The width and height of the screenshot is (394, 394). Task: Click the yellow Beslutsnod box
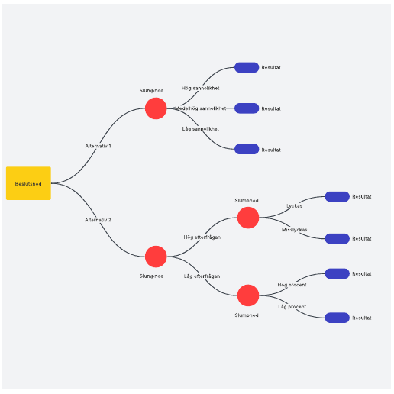pyautogui.click(x=28, y=183)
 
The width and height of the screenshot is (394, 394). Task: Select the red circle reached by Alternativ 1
pyautogui.click(x=156, y=108)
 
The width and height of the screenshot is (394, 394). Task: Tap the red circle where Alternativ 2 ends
pyautogui.click(x=156, y=257)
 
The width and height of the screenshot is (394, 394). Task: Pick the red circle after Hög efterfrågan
pyautogui.click(x=248, y=218)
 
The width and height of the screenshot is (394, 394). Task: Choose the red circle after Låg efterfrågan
pyautogui.click(x=248, y=295)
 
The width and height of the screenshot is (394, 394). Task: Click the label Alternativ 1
pyautogui.click(x=98, y=146)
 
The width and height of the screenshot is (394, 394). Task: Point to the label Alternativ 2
pyautogui.click(x=98, y=220)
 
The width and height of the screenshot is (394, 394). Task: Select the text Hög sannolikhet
pyautogui.click(x=200, y=88)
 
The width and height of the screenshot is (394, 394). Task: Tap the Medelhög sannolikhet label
pyautogui.click(x=201, y=108)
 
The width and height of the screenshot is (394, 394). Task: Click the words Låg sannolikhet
pyautogui.click(x=200, y=129)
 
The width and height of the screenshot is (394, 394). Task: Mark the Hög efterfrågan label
pyautogui.click(x=202, y=237)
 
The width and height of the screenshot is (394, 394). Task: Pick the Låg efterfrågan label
pyautogui.click(x=202, y=276)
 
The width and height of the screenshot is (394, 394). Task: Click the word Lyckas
pyautogui.click(x=295, y=205)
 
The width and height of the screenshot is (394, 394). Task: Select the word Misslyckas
pyautogui.click(x=294, y=230)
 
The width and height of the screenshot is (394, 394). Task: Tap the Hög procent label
pyautogui.click(x=292, y=285)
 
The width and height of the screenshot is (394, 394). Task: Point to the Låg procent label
pyautogui.click(x=292, y=307)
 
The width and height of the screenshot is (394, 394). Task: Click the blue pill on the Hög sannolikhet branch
pyautogui.click(x=247, y=67)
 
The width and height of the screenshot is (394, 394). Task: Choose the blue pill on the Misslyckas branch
pyautogui.click(x=337, y=238)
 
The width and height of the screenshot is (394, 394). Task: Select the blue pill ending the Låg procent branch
pyautogui.click(x=337, y=318)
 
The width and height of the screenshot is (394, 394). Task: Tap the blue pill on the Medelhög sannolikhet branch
pyautogui.click(x=247, y=108)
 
